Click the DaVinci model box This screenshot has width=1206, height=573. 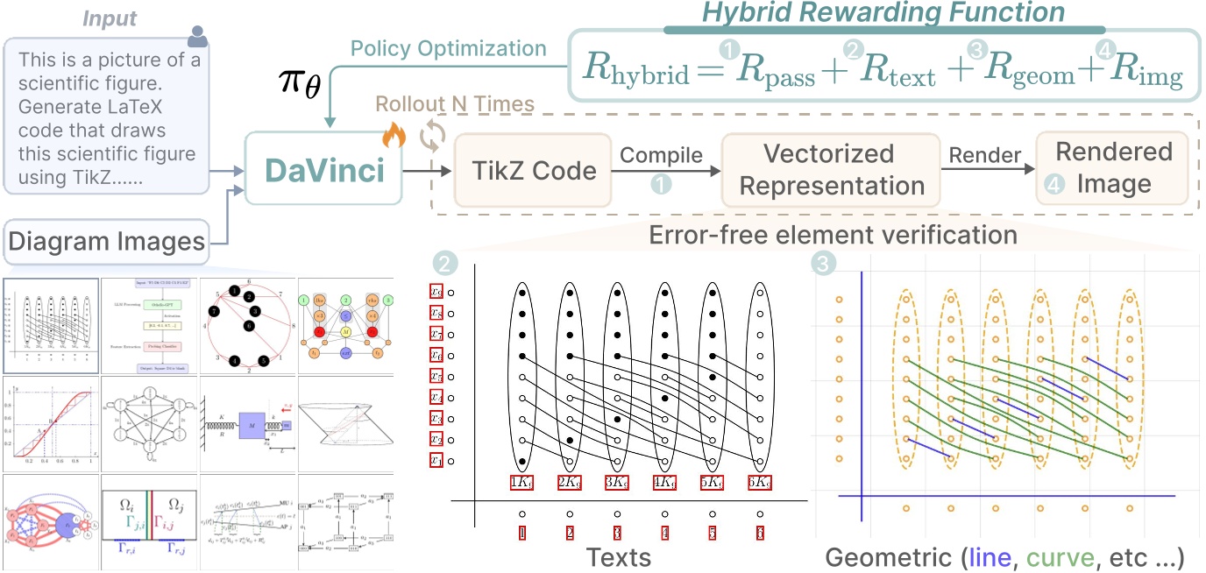(x=324, y=170)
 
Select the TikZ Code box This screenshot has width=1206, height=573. (x=533, y=170)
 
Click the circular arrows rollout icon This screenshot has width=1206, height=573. (x=431, y=138)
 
